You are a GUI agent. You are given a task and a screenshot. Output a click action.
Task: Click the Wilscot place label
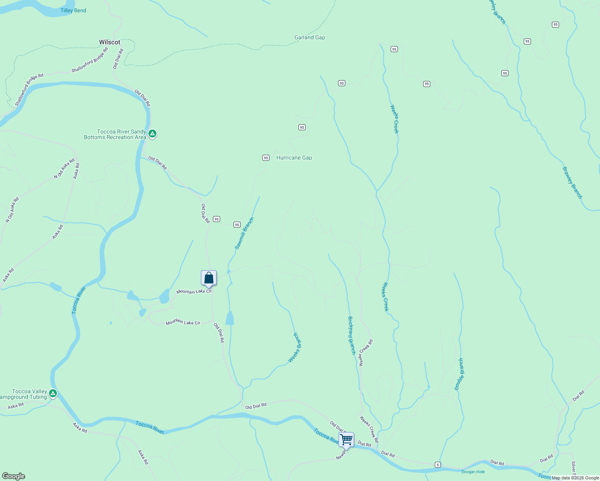(109, 42)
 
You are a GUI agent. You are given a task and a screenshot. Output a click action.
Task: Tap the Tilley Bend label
(73, 10)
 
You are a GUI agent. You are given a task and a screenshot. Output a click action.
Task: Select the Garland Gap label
(310, 37)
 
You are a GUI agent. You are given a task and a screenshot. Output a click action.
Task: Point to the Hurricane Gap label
(294, 158)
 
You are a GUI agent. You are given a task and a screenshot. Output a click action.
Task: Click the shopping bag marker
(209, 278)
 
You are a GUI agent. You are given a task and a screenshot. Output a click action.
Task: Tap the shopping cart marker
(346, 440)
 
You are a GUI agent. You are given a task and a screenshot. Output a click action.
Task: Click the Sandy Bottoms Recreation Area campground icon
(152, 134)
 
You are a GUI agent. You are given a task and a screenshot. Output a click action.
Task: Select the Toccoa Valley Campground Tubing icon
(53, 394)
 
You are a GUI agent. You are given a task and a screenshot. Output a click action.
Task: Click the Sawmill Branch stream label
(244, 233)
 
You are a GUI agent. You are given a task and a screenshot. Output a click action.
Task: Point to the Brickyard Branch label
(351, 335)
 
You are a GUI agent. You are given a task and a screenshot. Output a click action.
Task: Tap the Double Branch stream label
(459, 374)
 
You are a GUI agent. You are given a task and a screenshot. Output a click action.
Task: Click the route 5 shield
(438, 465)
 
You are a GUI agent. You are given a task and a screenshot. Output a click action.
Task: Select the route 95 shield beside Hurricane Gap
(266, 158)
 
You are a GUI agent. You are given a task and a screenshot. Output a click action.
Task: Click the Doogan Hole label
(473, 472)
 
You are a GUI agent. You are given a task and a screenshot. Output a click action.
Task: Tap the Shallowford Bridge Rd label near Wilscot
(90, 60)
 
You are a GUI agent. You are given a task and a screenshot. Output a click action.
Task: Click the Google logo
(13, 476)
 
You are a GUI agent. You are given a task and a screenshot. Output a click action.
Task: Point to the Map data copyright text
(575, 478)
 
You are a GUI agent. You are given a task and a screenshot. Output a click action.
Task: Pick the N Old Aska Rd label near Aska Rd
(64, 169)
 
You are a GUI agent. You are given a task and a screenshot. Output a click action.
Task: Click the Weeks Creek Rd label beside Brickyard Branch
(366, 353)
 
